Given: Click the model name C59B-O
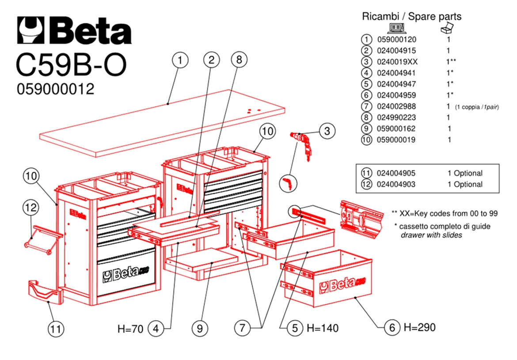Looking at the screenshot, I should click(x=71, y=64).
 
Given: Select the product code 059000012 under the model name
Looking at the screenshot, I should click(x=55, y=89).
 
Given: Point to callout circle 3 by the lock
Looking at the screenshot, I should click(x=327, y=131).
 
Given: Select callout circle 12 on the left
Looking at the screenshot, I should click(x=31, y=207).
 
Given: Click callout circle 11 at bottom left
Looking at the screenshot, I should click(x=56, y=329).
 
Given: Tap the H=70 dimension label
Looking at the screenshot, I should click(x=130, y=329).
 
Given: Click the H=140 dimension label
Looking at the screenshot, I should click(x=323, y=328).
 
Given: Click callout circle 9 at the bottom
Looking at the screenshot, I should click(x=200, y=329).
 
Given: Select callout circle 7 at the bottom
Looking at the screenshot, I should click(x=242, y=328).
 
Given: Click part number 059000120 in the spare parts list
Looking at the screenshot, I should click(x=396, y=39).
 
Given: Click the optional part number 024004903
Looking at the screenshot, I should click(x=396, y=184).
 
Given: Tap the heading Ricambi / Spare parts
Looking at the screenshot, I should click(x=411, y=17).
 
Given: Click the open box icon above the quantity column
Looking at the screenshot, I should click(x=447, y=29).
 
